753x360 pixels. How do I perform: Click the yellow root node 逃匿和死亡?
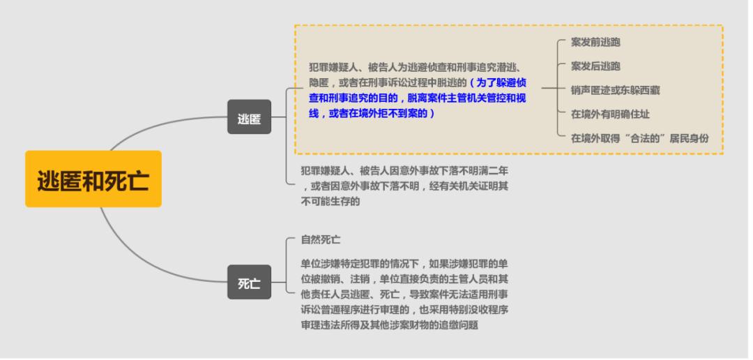click(93, 179)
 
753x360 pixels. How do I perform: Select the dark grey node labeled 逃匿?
click(249, 117)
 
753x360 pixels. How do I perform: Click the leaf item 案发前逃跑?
click(595, 43)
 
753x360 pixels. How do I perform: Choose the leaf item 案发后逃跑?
click(595, 66)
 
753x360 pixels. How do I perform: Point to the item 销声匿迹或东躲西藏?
click(615, 90)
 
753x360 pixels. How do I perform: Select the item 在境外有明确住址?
click(610, 114)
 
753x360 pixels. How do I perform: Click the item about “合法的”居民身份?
click(639, 137)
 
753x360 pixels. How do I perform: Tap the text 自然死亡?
click(321, 239)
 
